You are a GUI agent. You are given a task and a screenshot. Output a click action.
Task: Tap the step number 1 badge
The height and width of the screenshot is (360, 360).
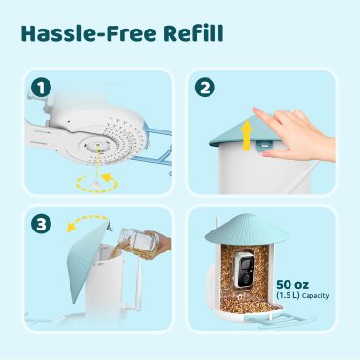(38, 89)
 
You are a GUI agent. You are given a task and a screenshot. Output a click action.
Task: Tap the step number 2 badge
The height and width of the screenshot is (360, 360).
(205, 89)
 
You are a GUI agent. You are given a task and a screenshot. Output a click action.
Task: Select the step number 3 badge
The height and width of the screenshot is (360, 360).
(38, 226)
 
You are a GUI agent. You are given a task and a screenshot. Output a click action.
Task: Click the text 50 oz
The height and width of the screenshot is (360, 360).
(294, 283)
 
